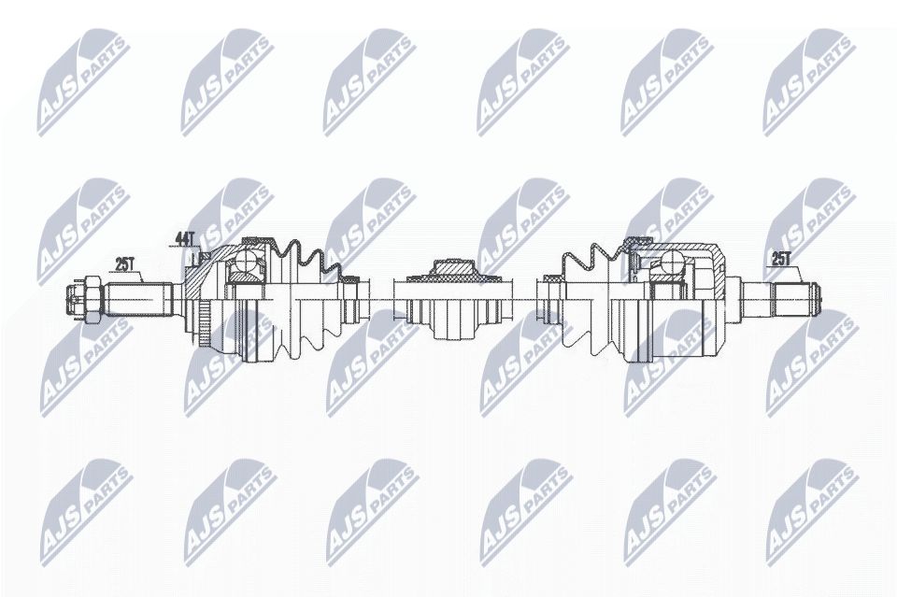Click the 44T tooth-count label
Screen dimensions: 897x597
point(182,239)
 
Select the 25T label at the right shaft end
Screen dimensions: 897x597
point(779,259)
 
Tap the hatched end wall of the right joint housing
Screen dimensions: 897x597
point(718,271)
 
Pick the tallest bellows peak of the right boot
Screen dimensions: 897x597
point(595,246)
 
